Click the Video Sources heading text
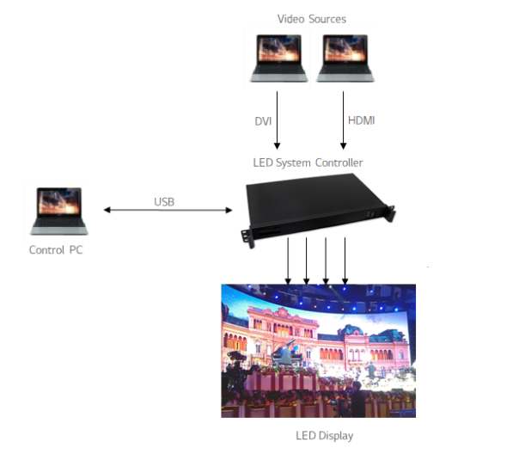[x=312, y=19]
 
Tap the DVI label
[x=263, y=121]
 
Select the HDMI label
[x=361, y=120]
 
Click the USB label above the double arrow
[x=164, y=202]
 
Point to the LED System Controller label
[x=308, y=163]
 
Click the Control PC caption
[x=56, y=250]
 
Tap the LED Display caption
[x=325, y=436]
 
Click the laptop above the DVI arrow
[x=278, y=58]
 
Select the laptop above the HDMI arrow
[x=345, y=58]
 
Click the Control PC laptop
[x=59, y=211]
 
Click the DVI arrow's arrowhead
[x=277, y=146]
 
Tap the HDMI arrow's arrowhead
[x=343, y=146]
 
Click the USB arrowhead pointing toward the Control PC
[x=107, y=210]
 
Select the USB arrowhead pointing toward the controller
[x=229, y=210]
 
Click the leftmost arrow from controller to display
[x=288, y=261]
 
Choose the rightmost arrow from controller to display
[x=345, y=261]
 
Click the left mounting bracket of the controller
[x=247, y=238]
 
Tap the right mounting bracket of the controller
[x=390, y=213]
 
